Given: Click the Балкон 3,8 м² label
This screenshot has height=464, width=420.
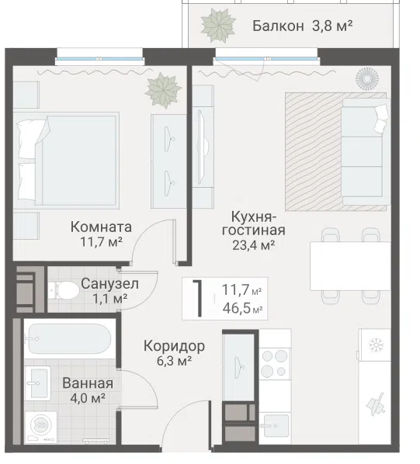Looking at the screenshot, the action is [x=302, y=26].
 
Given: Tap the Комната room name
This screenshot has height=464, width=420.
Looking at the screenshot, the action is [x=101, y=227].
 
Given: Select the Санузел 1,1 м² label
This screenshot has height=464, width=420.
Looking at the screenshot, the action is [x=109, y=291].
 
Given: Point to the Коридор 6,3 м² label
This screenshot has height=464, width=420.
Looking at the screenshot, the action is [x=174, y=353].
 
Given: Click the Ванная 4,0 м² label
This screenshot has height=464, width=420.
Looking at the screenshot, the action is [x=88, y=390].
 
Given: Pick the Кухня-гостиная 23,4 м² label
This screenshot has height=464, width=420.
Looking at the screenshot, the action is [x=254, y=230].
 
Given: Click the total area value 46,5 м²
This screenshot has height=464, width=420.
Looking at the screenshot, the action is [x=243, y=309].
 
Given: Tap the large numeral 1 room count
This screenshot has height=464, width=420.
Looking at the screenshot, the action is [x=198, y=298].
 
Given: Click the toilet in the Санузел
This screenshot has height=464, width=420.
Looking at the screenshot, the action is [x=64, y=290].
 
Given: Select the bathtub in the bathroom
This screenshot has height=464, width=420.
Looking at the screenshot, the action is [x=70, y=338].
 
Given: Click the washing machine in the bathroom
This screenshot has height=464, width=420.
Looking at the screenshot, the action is [x=41, y=427].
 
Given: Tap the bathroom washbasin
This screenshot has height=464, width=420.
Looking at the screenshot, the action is [x=37, y=383].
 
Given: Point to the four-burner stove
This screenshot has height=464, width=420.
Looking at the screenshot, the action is [x=274, y=364].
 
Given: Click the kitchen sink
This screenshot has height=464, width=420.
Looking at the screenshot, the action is [x=274, y=425].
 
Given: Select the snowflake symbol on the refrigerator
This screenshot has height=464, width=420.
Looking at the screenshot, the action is [x=377, y=345].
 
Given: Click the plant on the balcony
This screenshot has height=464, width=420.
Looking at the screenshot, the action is [x=218, y=25].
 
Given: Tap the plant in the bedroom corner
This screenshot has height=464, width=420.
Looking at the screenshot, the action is [x=163, y=90].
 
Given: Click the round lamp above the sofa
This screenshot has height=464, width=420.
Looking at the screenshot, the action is [x=367, y=79].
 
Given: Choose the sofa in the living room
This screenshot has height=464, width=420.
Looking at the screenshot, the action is [x=366, y=151].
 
